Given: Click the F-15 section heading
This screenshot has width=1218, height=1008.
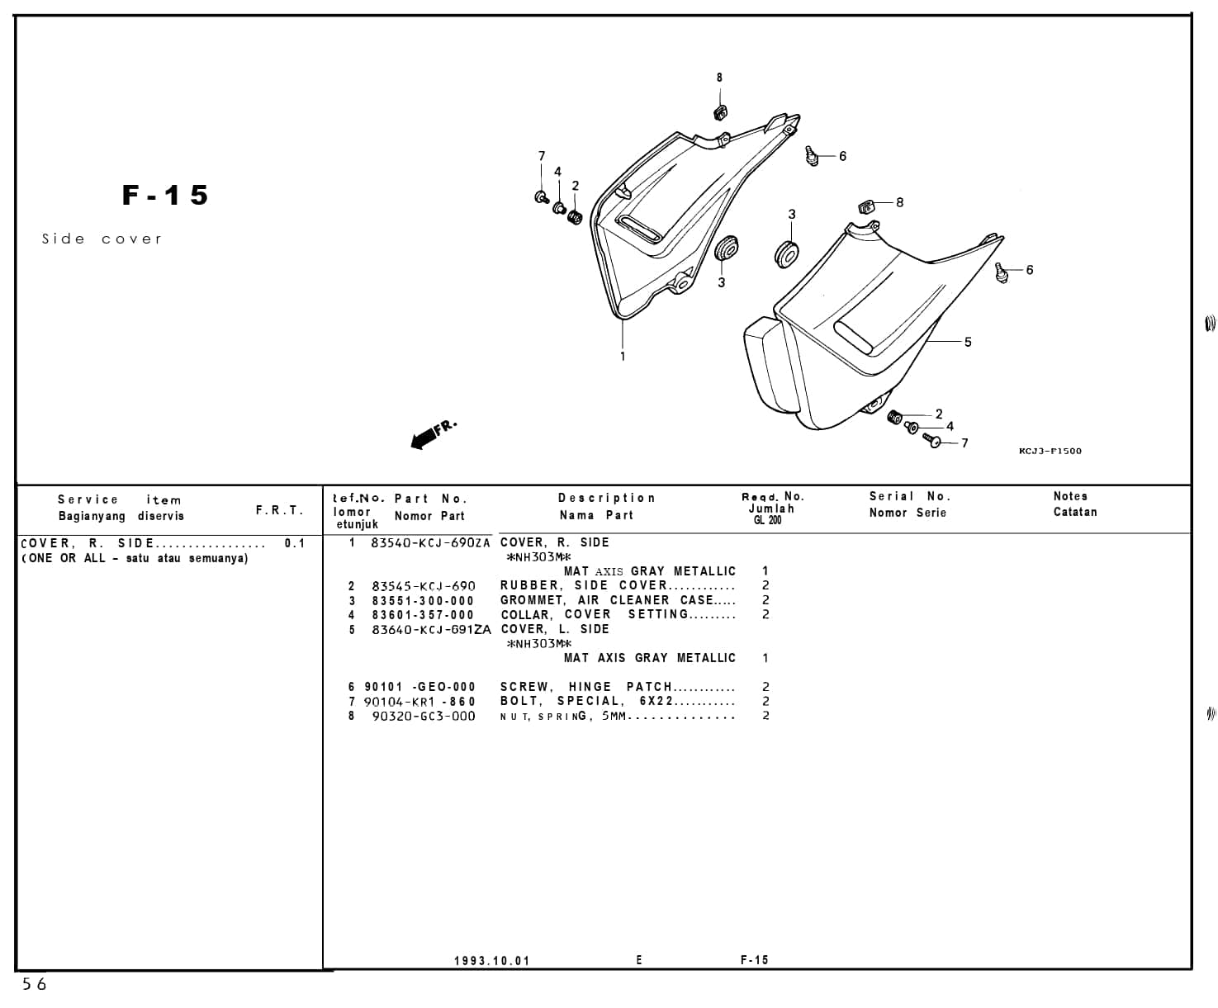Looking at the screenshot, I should tap(165, 196).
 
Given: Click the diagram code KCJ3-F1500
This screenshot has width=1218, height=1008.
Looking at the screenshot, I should tap(1050, 451).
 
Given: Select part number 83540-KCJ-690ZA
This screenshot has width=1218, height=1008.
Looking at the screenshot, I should tap(430, 543).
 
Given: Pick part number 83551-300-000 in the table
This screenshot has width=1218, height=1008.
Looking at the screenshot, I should tap(423, 601).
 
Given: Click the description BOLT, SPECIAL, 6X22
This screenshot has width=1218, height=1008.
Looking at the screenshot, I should tap(587, 702).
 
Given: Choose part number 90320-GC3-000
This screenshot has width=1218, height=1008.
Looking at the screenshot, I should tap(424, 717).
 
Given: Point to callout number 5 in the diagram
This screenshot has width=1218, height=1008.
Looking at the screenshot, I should tap(968, 342).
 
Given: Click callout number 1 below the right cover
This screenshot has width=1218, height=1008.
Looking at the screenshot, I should tap(623, 357).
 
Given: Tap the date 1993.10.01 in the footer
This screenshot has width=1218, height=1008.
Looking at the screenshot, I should tap(491, 961).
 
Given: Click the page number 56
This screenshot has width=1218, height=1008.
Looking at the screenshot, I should tap(35, 984).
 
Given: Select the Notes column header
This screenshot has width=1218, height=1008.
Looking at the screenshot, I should tap(1070, 496).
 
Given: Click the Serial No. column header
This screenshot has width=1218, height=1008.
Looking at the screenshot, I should tap(910, 496).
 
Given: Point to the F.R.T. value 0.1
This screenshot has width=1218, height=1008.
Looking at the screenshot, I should tap(295, 543).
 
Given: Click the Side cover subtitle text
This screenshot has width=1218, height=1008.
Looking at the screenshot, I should tap(102, 239).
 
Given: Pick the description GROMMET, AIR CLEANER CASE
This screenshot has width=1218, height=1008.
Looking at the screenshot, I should tap(607, 601).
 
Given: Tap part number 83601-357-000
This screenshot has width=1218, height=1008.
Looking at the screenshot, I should tap(423, 615).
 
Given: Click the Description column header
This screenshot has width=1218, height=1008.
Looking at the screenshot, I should tap(607, 498).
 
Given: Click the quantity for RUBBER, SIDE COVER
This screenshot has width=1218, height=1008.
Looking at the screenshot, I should tap(765, 586).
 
